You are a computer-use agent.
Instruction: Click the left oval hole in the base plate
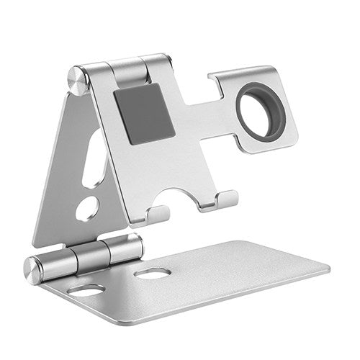(x=86, y=290)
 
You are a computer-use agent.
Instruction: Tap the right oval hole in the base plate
(x=152, y=274)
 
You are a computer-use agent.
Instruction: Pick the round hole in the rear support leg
(x=88, y=208)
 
